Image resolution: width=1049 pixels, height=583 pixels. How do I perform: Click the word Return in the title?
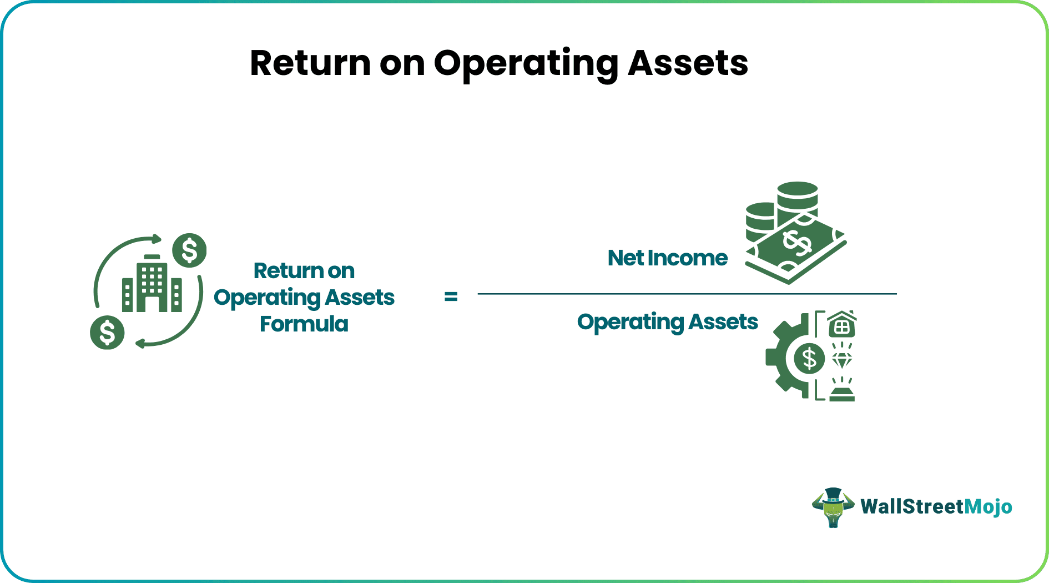click(310, 63)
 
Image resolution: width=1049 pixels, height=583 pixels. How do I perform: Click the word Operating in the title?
click(526, 64)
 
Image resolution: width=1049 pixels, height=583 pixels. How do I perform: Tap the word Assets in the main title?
click(688, 63)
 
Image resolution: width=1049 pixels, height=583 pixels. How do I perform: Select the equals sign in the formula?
click(451, 297)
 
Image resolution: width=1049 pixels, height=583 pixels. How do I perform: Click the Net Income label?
click(667, 258)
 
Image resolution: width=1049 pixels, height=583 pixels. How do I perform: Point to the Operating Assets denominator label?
click(667, 322)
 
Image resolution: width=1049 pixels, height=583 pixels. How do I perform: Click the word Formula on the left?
click(304, 324)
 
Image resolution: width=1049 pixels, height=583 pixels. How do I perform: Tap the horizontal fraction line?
click(687, 294)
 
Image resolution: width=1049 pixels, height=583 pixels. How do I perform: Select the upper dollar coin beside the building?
click(189, 250)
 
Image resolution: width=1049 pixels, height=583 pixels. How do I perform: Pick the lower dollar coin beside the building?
click(107, 333)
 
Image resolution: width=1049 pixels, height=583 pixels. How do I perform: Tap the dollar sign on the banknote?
click(797, 243)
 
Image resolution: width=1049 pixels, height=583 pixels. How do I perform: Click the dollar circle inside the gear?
click(809, 358)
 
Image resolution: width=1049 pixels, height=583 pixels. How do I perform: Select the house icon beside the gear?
click(842, 325)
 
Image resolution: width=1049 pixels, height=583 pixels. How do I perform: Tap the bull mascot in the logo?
click(833, 507)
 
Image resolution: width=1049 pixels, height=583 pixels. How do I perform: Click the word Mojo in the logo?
click(988, 506)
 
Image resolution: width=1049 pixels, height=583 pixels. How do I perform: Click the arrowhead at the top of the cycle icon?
click(157, 239)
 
